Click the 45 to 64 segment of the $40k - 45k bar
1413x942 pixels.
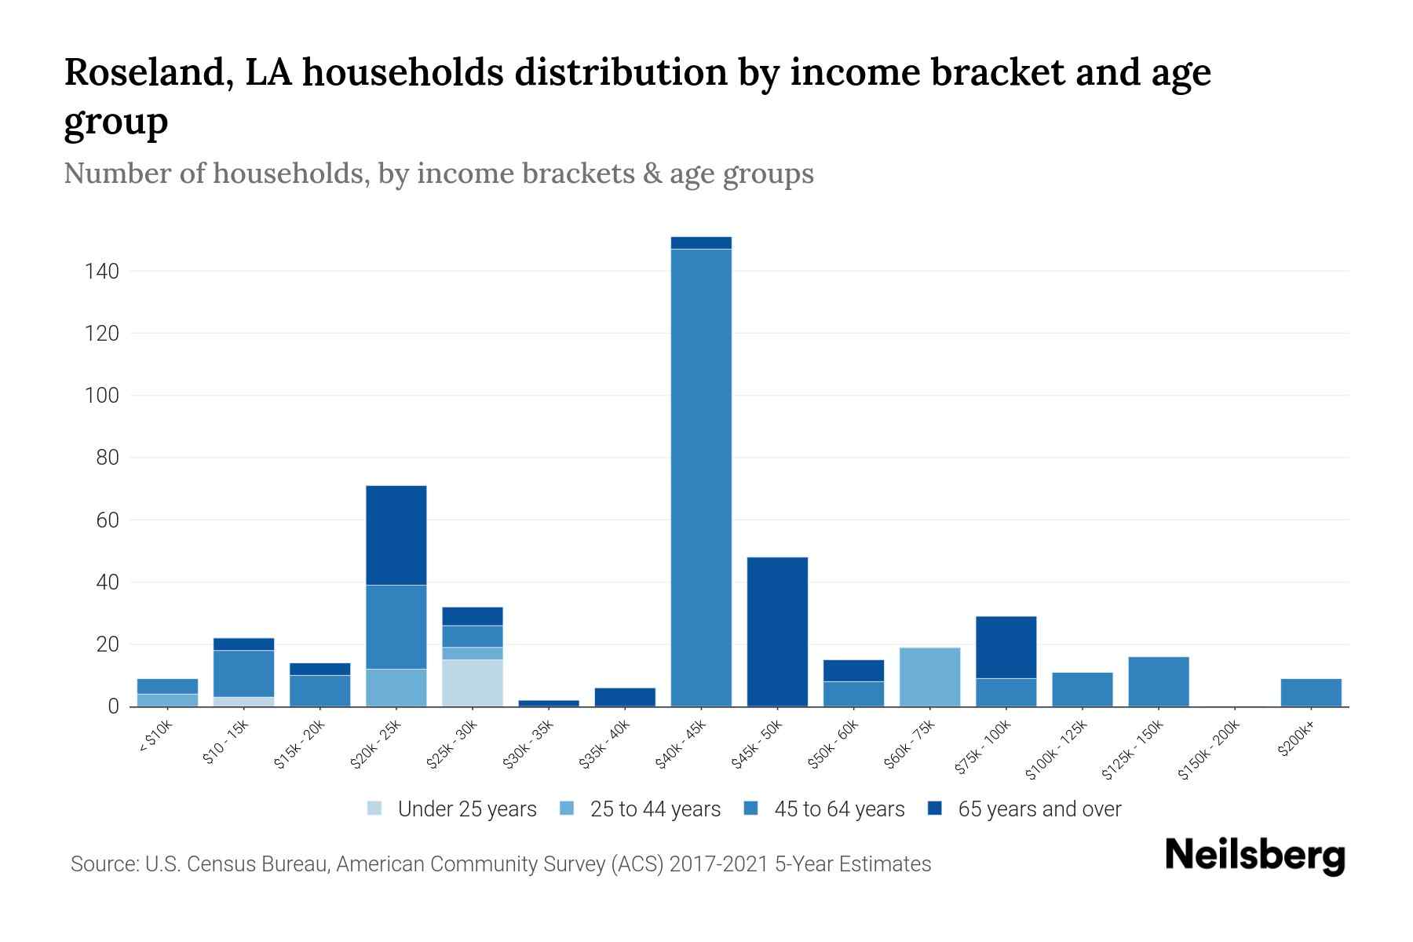click(x=701, y=477)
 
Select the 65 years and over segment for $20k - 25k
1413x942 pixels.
click(x=396, y=535)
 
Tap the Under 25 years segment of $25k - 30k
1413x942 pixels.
click(x=473, y=683)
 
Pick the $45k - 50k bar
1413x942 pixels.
click(x=777, y=632)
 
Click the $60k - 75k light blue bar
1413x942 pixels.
click(x=929, y=677)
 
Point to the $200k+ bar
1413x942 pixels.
click(x=1310, y=692)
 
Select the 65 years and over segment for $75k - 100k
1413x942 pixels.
click(x=1006, y=648)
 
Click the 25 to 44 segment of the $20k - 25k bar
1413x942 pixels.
click(x=396, y=688)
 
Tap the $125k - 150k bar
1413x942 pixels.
click(x=1158, y=681)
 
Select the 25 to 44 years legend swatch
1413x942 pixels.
click(x=568, y=809)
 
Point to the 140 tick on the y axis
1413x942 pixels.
click(x=102, y=272)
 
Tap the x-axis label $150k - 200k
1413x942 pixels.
click(x=1210, y=750)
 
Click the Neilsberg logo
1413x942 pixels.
click(x=1254, y=856)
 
